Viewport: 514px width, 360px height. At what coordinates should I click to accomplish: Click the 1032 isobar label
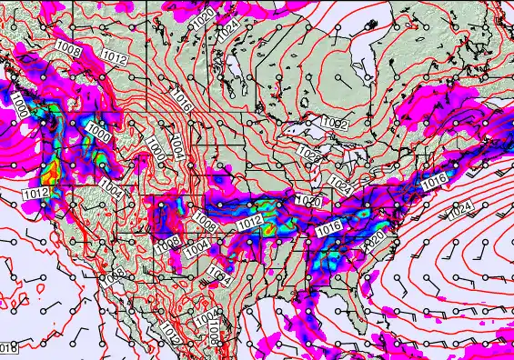334,123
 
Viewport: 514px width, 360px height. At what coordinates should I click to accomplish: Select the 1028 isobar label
309,155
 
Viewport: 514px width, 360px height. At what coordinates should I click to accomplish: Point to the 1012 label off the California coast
35,194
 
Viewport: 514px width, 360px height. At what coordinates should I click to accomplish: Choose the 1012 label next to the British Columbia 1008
114,56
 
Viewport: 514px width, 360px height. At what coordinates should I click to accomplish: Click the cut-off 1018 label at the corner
7,347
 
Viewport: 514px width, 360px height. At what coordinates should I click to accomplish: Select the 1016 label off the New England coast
433,183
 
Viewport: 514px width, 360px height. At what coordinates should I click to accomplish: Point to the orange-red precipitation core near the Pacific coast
50,168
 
